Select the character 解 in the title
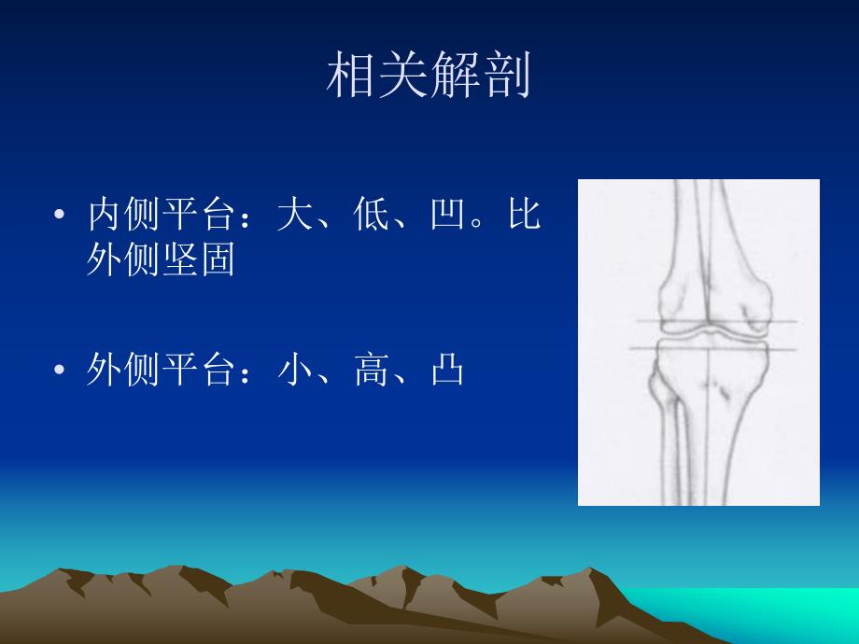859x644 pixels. tap(455, 76)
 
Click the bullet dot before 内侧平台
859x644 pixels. tap(61, 217)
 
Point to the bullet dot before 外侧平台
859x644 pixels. tap(61, 371)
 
